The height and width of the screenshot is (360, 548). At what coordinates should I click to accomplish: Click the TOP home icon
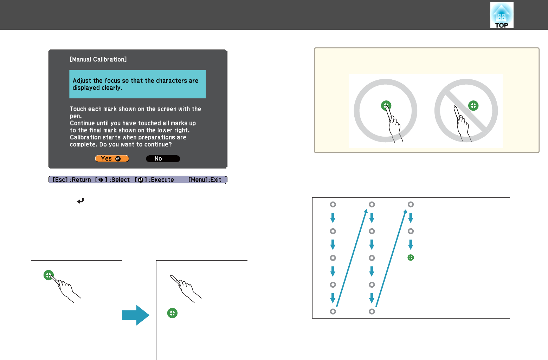(x=502, y=15)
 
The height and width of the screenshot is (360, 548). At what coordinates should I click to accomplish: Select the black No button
(x=163, y=159)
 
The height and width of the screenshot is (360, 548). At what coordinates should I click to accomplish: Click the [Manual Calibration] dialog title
(x=98, y=59)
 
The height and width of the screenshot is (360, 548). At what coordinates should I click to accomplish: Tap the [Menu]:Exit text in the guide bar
(x=205, y=180)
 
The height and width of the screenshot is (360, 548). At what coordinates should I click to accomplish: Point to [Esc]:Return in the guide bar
(x=72, y=180)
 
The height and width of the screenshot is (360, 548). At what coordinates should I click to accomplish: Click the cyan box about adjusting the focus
(x=137, y=84)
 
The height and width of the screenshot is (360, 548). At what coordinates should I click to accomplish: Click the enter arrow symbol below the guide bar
(x=80, y=201)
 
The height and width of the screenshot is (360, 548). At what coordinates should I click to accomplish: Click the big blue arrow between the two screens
(x=136, y=315)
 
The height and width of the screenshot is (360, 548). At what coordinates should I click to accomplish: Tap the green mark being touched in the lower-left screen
(x=49, y=275)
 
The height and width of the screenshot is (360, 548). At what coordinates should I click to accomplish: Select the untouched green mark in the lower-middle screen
(x=172, y=313)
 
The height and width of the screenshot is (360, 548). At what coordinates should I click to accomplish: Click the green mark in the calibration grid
(x=411, y=257)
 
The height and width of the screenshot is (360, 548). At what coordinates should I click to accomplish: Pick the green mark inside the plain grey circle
(x=386, y=106)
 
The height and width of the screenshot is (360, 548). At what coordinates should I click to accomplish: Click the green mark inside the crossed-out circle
(x=473, y=106)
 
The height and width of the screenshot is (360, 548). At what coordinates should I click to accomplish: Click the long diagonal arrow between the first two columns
(x=352, y=258)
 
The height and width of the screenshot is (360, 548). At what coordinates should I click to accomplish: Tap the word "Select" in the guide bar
(x=121, y=180)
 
